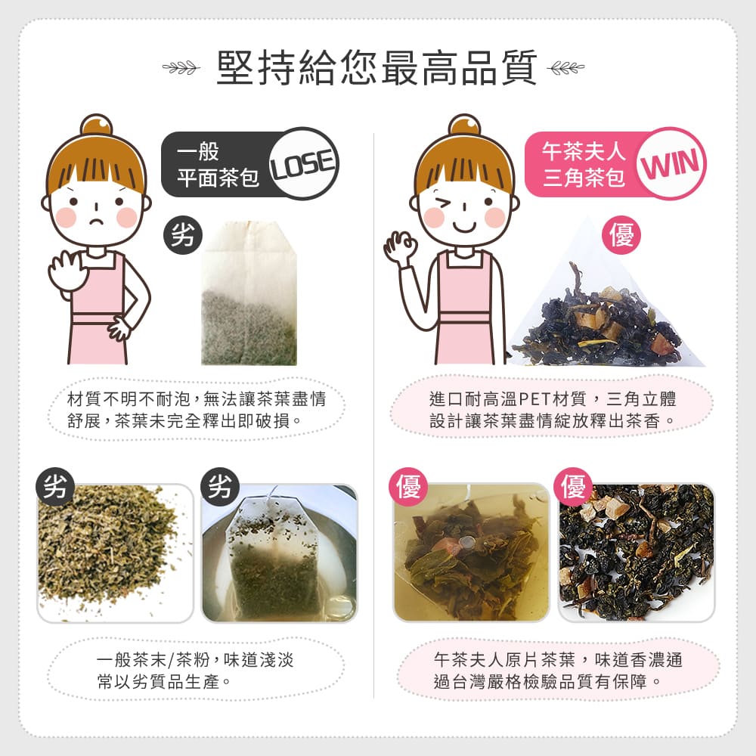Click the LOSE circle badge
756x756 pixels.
[302, 163]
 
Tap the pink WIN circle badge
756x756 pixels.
[672, 164]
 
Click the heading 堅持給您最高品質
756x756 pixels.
[376, 69]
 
